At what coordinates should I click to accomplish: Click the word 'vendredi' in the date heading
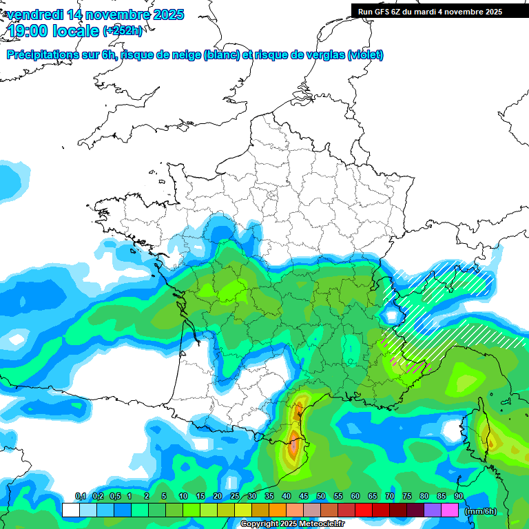coord(34,14)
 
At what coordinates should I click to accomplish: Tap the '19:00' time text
coord(28,31)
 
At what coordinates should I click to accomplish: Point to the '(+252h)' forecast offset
coord(123,31)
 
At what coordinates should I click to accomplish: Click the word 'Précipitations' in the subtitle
coord(41,55)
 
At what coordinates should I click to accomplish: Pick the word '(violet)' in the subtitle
coord(365,55)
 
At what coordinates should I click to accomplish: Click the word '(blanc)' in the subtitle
coord(222,55)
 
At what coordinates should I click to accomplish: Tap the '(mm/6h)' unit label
coord(480,510)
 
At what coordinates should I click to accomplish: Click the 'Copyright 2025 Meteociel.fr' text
coord(293,524)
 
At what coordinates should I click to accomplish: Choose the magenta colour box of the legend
coord(450,510)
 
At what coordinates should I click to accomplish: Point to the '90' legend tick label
coord(459,497)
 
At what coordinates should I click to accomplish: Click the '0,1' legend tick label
coord(80,497)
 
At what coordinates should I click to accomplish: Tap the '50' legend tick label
coord(321,497)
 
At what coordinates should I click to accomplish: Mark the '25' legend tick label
coord(235,497)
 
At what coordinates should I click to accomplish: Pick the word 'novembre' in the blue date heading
coord(110,14)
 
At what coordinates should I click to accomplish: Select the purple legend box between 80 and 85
coord(433,510)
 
